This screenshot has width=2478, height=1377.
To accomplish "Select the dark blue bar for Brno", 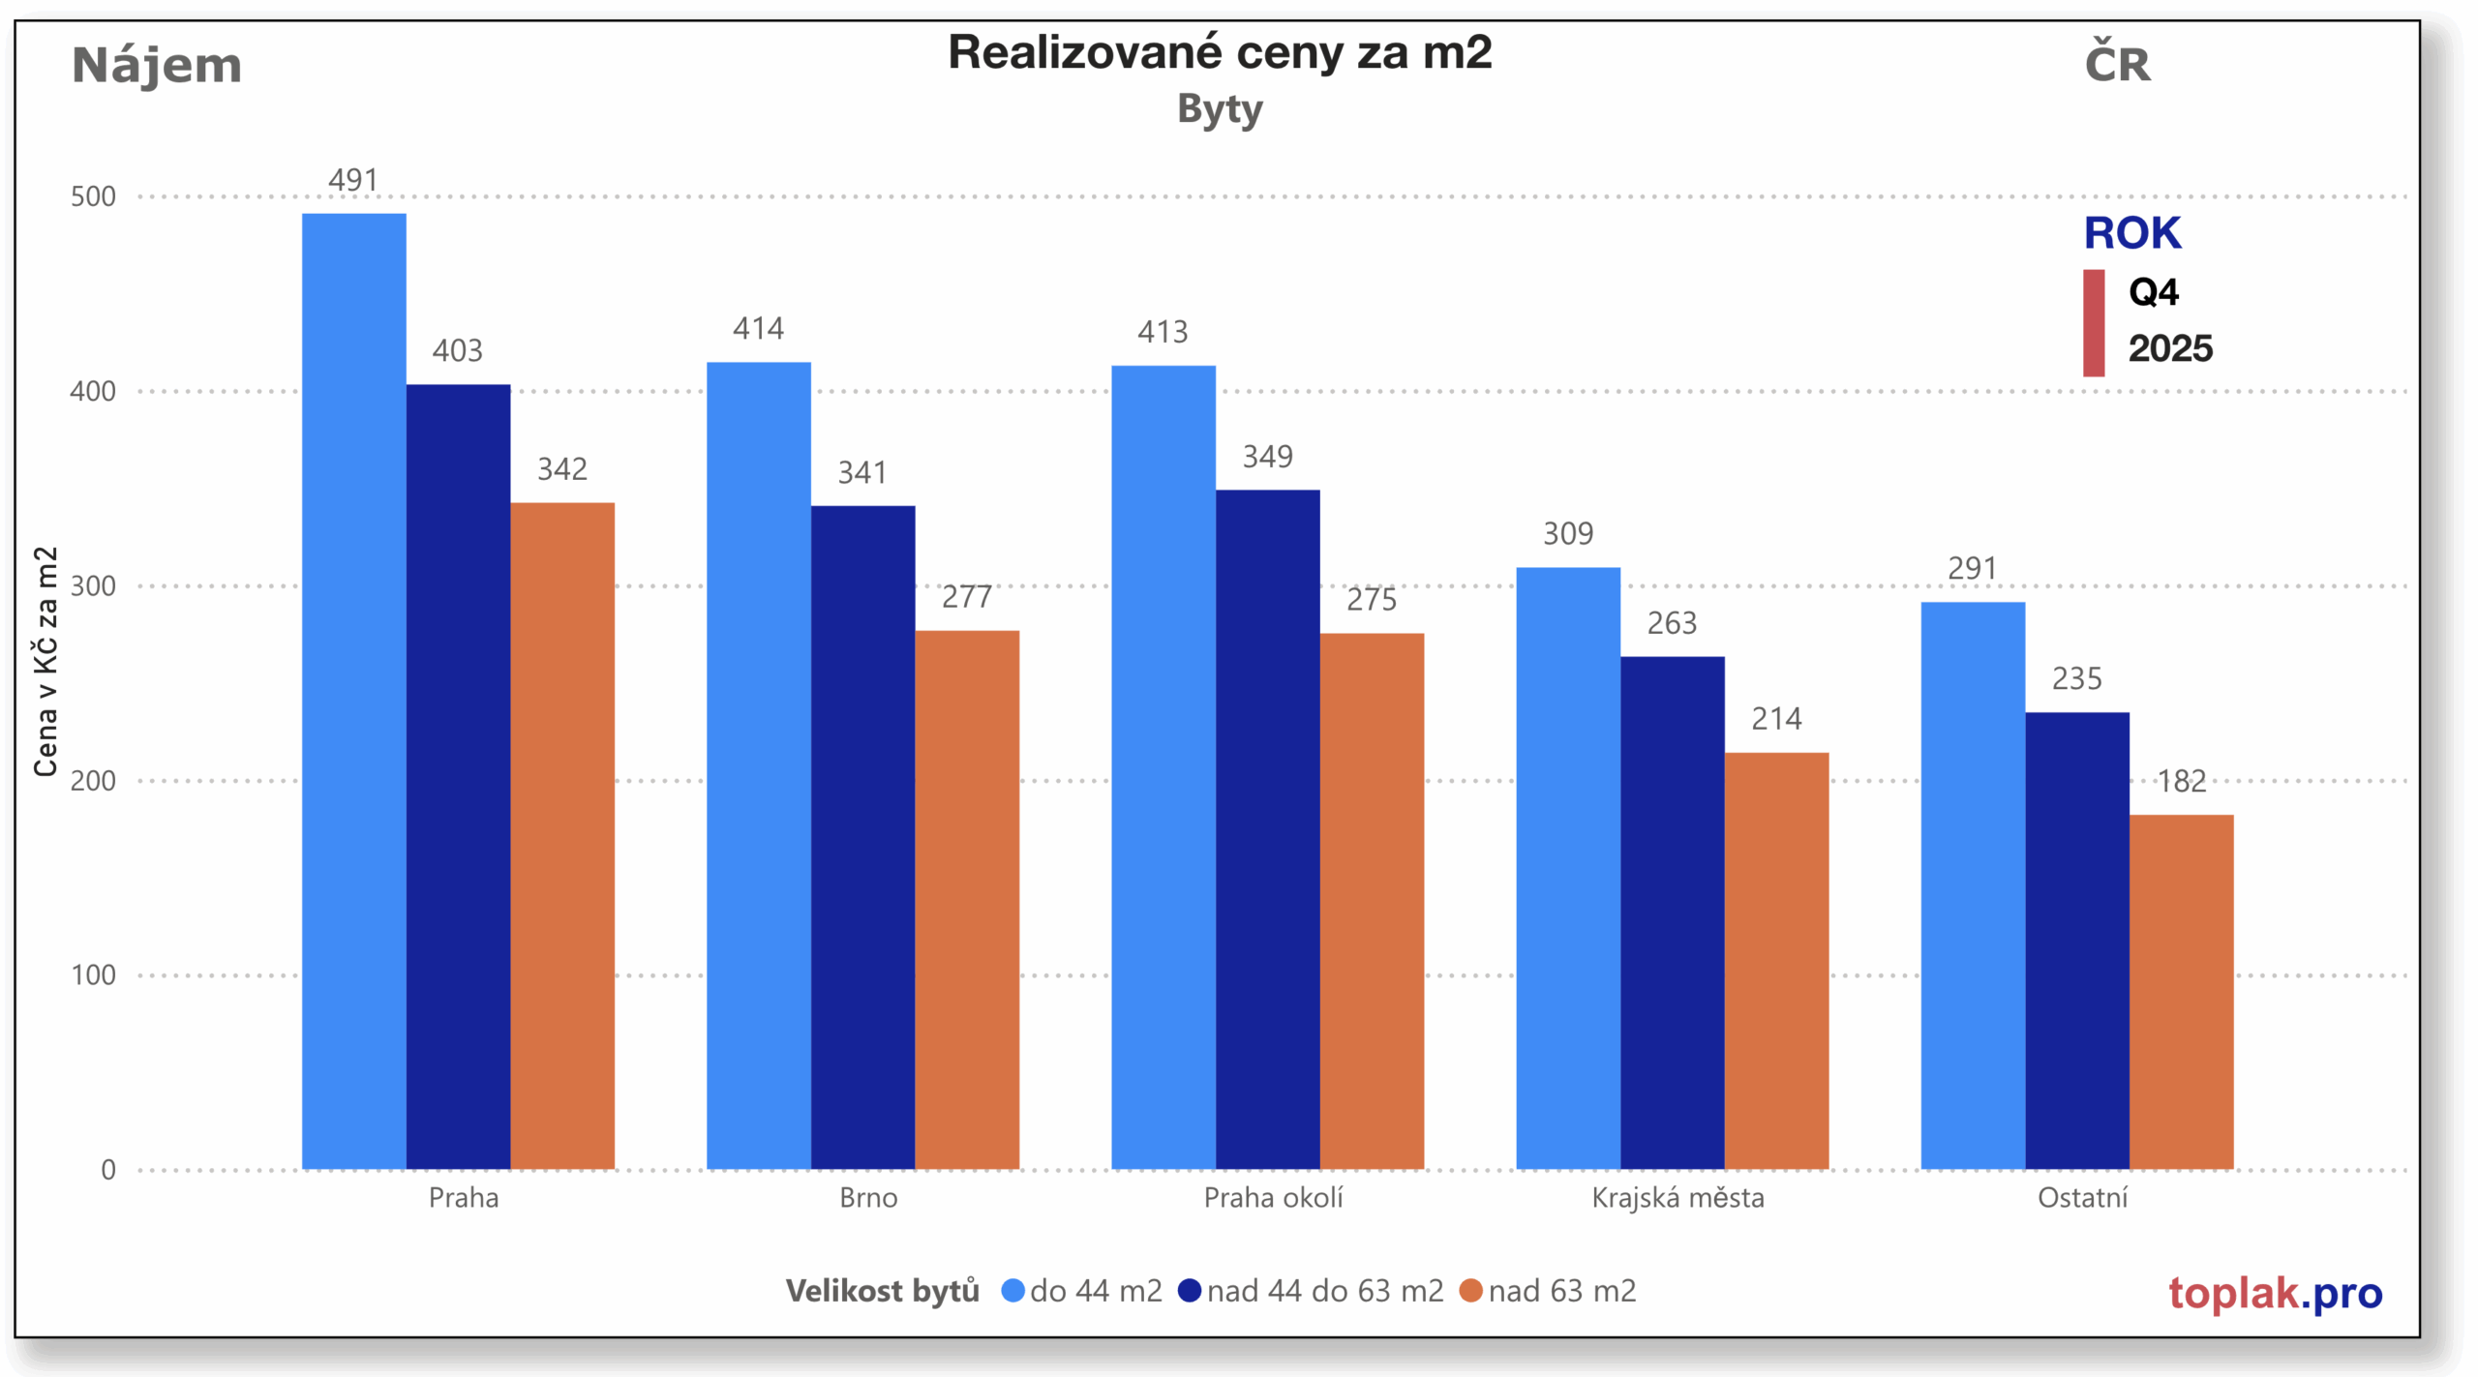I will (x=862, y=837).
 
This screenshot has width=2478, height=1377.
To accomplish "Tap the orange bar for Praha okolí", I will (x=1371, y=901).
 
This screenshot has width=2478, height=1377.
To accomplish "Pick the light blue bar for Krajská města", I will (x=1567, y=868).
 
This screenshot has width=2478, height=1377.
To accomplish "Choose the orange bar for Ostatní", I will (x=2181, y=992).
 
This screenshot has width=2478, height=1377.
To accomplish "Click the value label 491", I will (x=353, y=180).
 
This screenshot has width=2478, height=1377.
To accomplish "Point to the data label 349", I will (x=1267, y=457).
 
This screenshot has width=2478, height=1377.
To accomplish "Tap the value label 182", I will (x=2181, y=781).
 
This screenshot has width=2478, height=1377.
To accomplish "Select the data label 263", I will (x=1672, y=623).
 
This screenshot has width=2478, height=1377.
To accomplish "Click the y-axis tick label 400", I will (x=93, y=391).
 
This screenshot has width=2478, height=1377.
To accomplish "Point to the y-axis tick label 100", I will (x=93, y=974).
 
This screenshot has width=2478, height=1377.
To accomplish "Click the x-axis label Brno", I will (x=868, y=1198).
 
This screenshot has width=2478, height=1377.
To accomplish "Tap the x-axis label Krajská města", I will (x=1677, y=1198).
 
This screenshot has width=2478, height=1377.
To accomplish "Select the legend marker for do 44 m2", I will (x=1012, y=1291).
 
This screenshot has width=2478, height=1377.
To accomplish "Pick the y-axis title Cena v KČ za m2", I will (x=45, y=662).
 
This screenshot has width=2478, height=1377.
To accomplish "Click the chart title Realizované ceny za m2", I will (x=1220, y=52).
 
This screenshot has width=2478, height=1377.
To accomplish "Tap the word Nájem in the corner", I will (x=157, y=66).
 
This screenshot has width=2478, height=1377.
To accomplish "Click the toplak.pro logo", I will (x=2275, y=1293).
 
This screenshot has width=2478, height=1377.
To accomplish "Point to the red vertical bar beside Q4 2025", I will (x=2094, y=322).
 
